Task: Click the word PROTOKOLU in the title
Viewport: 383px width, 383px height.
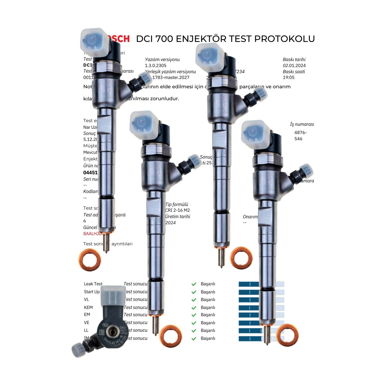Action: point(284,39)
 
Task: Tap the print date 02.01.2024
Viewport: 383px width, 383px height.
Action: point(294,66)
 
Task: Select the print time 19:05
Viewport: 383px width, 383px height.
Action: point(289,77)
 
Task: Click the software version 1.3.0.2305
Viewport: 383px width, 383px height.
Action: point(155,66)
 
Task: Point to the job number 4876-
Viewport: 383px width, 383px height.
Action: point(300,133)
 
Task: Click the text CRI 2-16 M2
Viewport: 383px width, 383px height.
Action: point(177,210)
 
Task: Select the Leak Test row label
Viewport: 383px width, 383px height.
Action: point(93,284)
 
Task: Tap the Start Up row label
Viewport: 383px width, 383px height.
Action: point(92,292)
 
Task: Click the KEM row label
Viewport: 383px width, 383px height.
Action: point(88,307)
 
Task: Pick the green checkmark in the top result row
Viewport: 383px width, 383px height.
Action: point(194,284)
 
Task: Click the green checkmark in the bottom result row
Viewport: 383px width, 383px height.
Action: point(194,339)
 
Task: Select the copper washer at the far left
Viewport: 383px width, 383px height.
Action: point(90,260)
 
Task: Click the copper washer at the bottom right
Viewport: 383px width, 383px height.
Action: point(287,335)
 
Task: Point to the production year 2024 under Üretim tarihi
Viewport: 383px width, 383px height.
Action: point(170,223)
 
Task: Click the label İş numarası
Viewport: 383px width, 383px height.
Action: point(302,124)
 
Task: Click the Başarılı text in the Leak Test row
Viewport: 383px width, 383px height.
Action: point(208,284)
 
